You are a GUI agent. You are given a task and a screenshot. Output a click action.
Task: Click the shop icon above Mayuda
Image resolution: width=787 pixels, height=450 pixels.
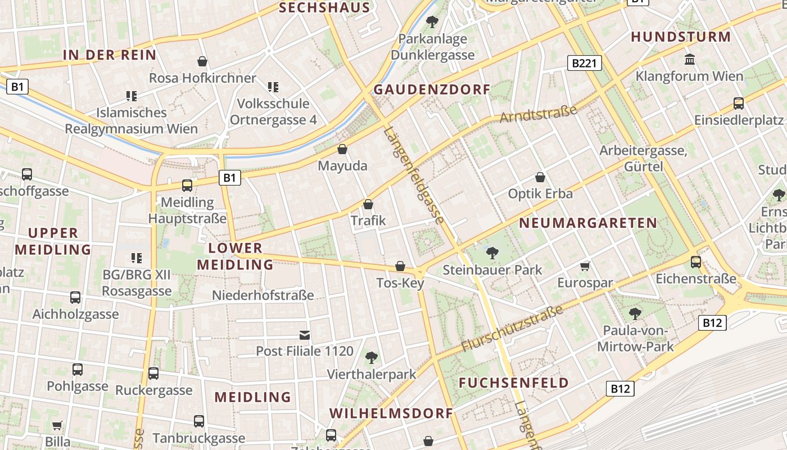point(342,150)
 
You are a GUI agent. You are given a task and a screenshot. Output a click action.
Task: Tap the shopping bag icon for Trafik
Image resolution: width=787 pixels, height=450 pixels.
point(368,204)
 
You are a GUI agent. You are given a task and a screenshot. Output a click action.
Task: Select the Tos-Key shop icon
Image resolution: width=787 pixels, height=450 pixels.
point(400,266)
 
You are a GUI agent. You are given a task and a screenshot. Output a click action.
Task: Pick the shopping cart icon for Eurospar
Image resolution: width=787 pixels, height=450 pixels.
point(585,266)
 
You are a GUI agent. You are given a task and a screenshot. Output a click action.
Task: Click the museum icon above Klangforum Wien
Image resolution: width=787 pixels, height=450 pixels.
point(689,59)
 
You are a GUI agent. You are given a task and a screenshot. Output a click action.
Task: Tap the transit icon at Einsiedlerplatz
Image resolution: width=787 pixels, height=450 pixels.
point(739,103)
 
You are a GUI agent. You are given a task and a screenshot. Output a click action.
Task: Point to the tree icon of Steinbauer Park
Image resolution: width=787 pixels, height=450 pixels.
point(492,253)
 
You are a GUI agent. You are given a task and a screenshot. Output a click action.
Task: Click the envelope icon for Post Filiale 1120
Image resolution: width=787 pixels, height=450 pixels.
point(304,335)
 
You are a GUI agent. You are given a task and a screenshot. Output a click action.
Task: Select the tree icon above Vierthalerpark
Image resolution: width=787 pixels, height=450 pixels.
point(371,357)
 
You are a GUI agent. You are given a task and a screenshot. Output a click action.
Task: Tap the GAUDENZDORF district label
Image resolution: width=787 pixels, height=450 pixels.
point(432,89)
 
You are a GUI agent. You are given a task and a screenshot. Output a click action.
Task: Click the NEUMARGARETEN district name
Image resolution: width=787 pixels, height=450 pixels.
point(587,223)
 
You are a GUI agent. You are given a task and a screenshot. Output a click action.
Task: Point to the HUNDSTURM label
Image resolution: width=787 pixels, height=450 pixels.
point(681,37)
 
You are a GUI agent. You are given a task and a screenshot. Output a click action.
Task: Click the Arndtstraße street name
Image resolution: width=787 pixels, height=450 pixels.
point(539,114)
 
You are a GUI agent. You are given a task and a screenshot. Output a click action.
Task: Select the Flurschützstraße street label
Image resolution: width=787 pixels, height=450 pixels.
point(512,329)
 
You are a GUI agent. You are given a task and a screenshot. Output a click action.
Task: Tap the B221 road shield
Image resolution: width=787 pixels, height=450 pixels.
point(584,63)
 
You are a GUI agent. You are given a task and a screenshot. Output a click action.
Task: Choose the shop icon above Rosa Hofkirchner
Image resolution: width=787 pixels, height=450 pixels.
point(202,61)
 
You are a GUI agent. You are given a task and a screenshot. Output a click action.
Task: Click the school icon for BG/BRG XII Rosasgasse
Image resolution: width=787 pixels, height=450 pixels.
point(136,258)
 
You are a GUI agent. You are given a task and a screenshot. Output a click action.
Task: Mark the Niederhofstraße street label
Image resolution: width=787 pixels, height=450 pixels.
point(263,295)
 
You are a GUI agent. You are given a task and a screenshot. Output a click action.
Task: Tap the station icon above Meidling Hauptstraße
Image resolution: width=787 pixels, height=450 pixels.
point(187,186)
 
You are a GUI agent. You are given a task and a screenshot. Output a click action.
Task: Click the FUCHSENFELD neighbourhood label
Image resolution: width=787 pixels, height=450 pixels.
point(514,383)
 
